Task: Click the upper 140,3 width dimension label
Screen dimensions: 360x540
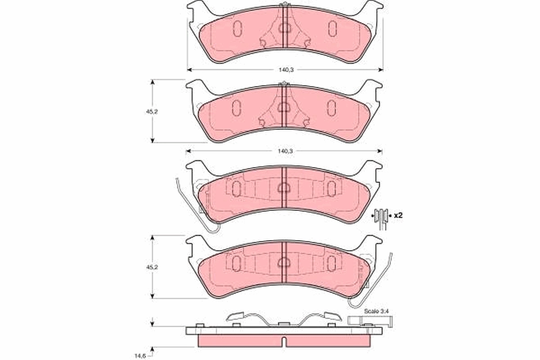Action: click(284, 70)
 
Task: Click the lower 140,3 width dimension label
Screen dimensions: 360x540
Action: click(284, 151)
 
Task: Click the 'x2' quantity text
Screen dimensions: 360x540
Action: click(397, 216)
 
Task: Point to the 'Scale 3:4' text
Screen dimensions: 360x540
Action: click(373, 311)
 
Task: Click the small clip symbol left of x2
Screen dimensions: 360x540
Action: click(382, 216)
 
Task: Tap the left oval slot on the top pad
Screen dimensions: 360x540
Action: click(237, 28)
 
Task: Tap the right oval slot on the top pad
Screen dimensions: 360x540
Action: click(332, 28)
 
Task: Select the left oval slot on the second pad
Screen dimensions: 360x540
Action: click(237, 107)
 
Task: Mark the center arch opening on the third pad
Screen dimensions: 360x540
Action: click(284, 188)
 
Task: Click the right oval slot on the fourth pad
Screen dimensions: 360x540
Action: click(332, 263)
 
